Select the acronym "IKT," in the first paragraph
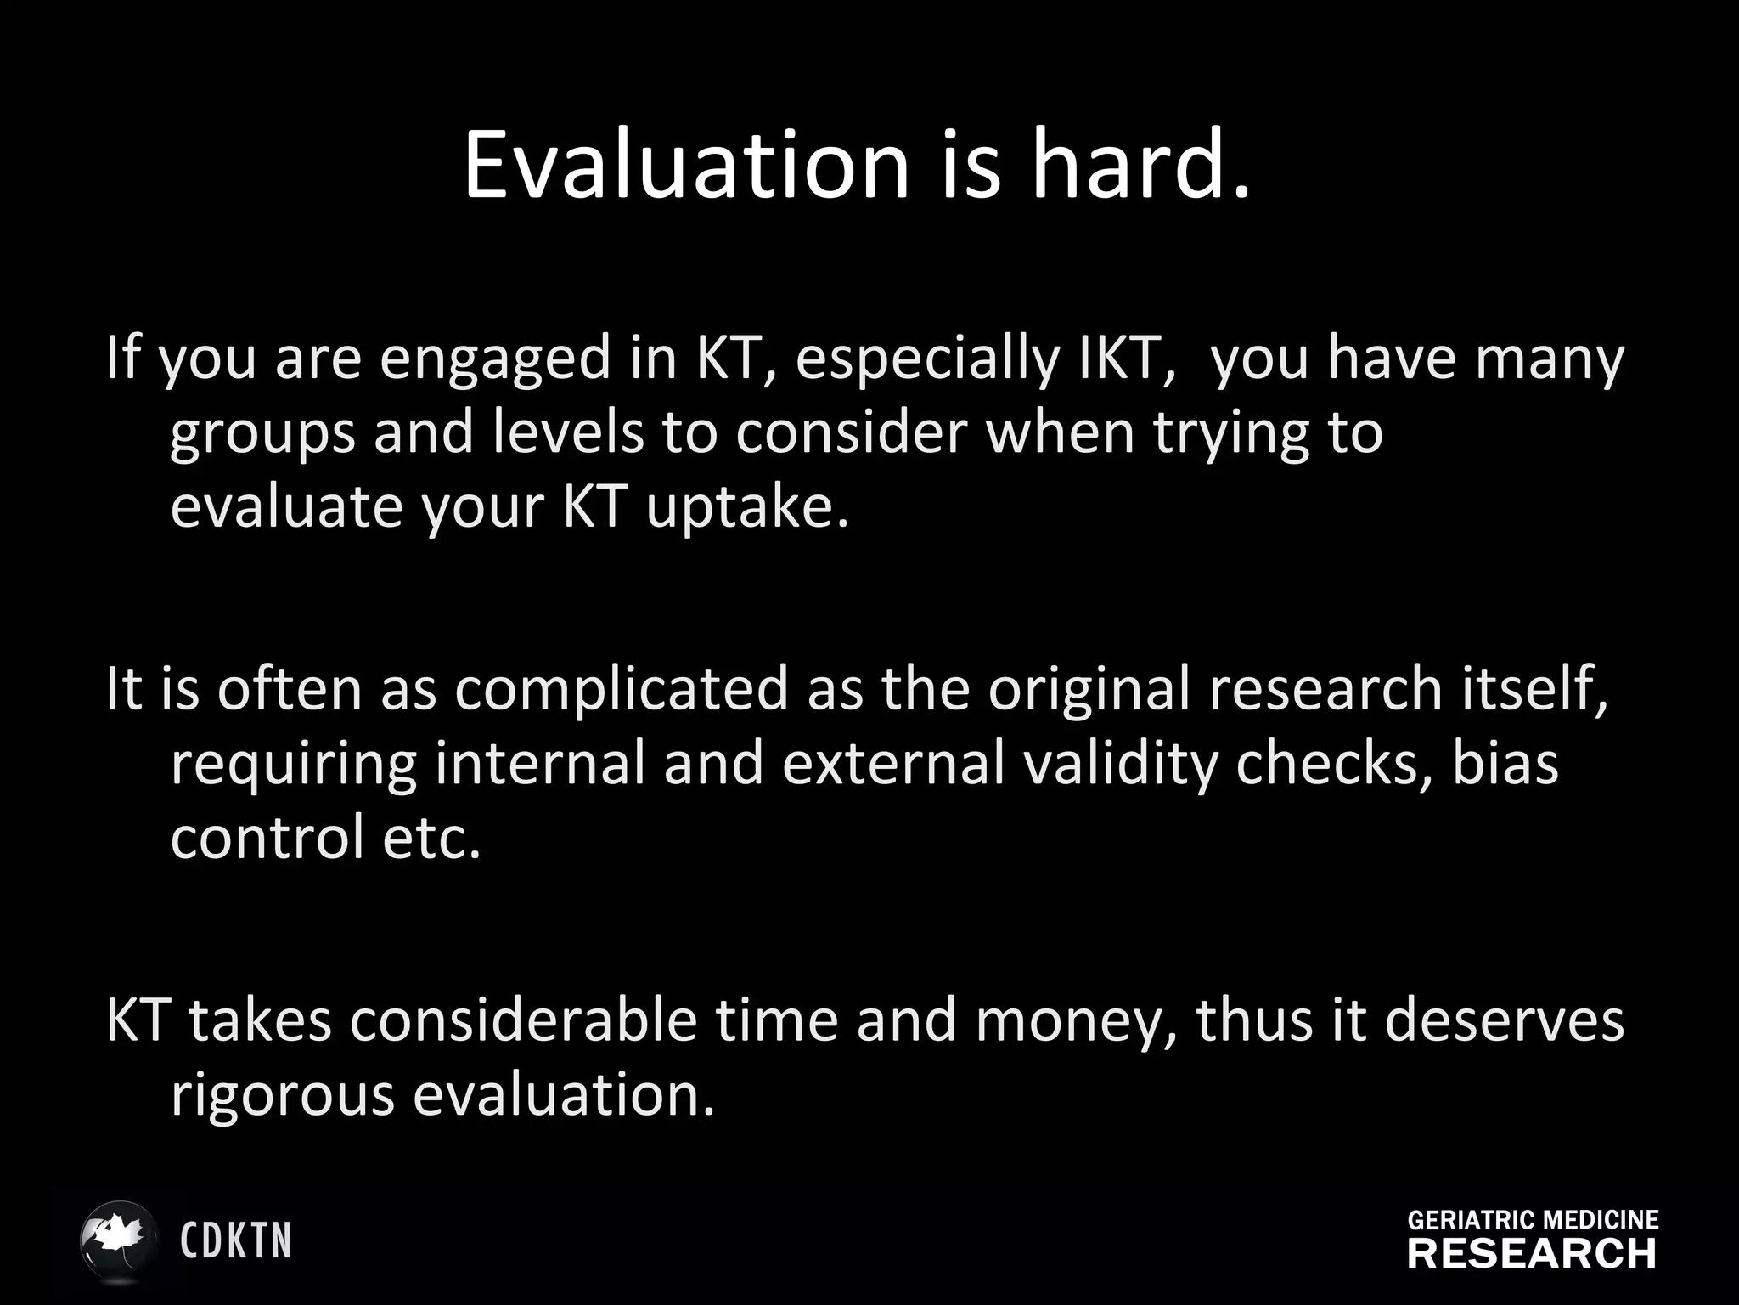(x=1127, y=358)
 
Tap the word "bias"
(x=1505, y=763)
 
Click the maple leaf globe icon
(x=119, y=1240)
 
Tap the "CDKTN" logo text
(x=236, y=1241)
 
